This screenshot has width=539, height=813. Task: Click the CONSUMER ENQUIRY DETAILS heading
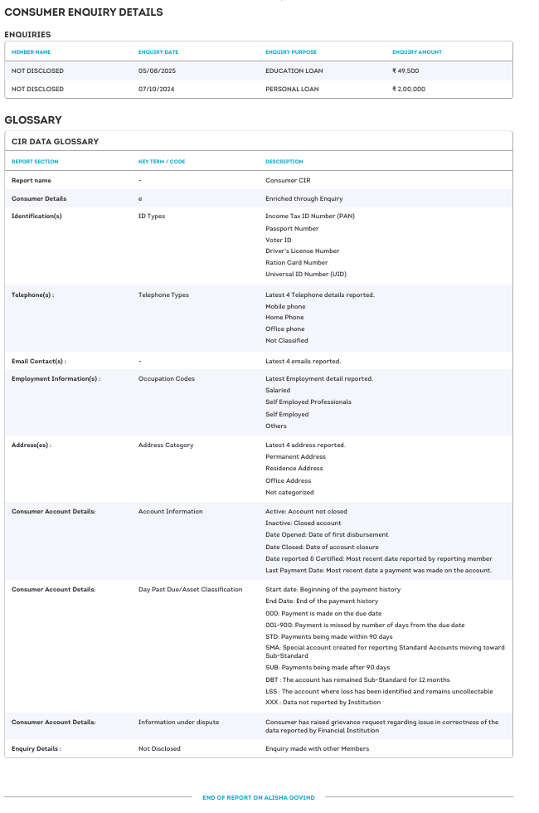tap(84, 12)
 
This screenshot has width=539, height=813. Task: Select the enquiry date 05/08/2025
tap(157, 71)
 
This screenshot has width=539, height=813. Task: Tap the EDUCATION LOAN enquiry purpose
tap(294, 71)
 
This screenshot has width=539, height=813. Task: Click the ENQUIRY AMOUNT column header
tap(416, 52)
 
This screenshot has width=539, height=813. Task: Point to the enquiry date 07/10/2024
tap(157, 89)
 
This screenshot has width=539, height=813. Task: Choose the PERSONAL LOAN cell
tap(291, 89)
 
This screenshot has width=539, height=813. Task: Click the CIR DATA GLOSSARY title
tap(55, 142)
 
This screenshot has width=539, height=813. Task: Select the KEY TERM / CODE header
tap(161, 162)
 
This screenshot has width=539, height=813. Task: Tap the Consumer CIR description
tap(288, 180)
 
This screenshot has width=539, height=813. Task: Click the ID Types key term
tap(151, 216)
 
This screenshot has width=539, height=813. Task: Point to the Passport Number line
tap(292, 228)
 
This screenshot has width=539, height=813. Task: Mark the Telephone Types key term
tap(163, 295)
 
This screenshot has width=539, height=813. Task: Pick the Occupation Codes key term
tap(166, 378)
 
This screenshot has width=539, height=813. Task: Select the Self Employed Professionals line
tap(308, 402)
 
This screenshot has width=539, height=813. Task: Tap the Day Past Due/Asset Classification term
tap(190, 589)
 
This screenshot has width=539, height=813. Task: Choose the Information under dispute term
tap(178, 722)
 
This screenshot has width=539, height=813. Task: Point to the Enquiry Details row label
tap(36, 748)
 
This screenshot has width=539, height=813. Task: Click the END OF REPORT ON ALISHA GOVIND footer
tap(259, 797)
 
